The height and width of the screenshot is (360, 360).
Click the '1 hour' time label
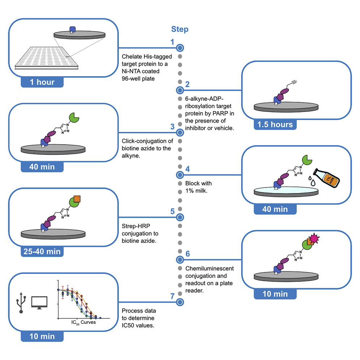click(x=42, y=82)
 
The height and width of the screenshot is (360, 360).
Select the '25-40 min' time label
click(x=42, y=251)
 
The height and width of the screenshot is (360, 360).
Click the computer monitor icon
click(x=39, y=302)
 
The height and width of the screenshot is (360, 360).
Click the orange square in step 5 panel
click(x=77, y=198)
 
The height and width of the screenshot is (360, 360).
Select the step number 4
click(x=188, y=169)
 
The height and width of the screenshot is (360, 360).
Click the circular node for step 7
click(x=180, y=301)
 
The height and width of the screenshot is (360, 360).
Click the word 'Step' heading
click(x=180, y=29)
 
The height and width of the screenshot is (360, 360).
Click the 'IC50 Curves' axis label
click(x=83, y=322)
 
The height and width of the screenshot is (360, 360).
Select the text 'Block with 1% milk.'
click(x=198, y=187)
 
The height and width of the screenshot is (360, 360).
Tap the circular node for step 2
click(x=180, y=90)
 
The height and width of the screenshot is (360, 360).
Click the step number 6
click(x=188, y=253)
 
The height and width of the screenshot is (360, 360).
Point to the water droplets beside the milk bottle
click(x=311, y=181)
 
